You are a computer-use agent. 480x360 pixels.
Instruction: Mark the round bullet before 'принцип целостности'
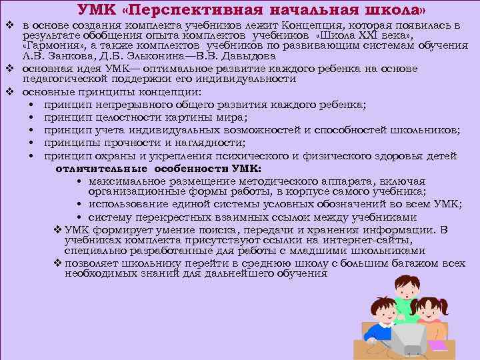32,117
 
